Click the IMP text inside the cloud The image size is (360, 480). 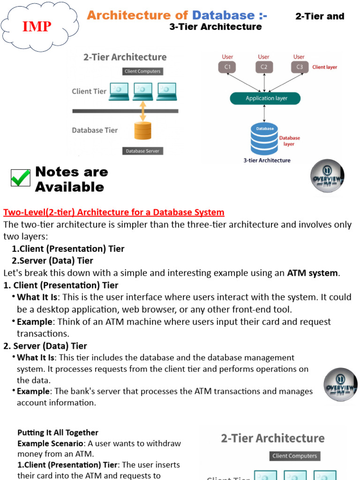[37, 27]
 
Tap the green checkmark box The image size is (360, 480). [21, 178]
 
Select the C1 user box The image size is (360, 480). [227, 67]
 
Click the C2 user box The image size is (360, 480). [264, 67]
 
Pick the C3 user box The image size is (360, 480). [300, 67]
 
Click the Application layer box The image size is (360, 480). [265, 98]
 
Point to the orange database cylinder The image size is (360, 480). [143, 130]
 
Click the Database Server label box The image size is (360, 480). [142, 151]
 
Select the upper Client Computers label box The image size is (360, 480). [142, 71]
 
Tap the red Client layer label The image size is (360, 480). [324, 67]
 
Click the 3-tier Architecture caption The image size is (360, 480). [267, 160]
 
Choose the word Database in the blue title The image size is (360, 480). [223, 15]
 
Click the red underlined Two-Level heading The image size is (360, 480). [114, 212]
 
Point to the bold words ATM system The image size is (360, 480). [312, 273]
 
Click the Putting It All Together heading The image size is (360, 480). [58, 433]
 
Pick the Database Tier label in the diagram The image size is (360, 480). [95, 130]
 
